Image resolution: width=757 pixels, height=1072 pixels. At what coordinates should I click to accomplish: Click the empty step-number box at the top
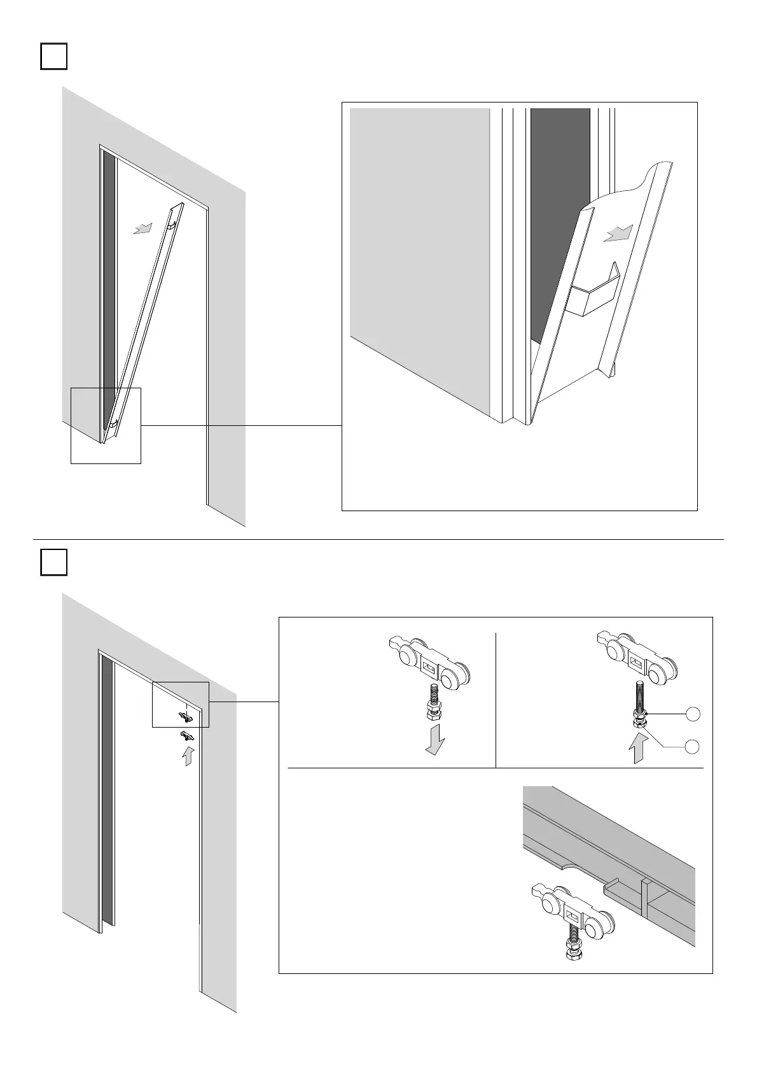54,56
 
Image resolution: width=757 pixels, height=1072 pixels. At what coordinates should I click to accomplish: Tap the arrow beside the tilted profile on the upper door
143,228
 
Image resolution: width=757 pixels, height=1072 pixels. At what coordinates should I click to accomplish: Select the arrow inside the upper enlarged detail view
618,234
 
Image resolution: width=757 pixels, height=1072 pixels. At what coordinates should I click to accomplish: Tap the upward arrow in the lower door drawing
188,756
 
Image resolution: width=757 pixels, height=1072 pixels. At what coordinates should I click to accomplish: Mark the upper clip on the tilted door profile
172,224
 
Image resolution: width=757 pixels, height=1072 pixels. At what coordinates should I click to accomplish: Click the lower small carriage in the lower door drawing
186,737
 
